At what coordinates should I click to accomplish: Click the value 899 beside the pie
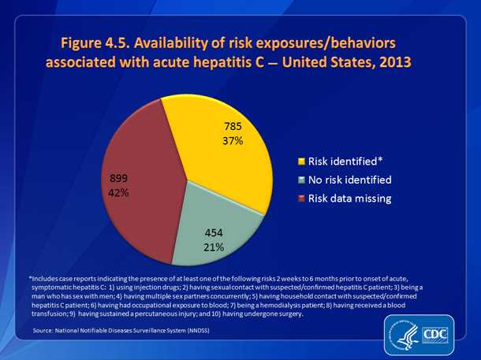coord(121,176)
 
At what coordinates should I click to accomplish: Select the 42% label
coord(121,192)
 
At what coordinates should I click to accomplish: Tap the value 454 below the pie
coord(214,232)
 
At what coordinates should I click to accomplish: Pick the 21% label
coord(214,247)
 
